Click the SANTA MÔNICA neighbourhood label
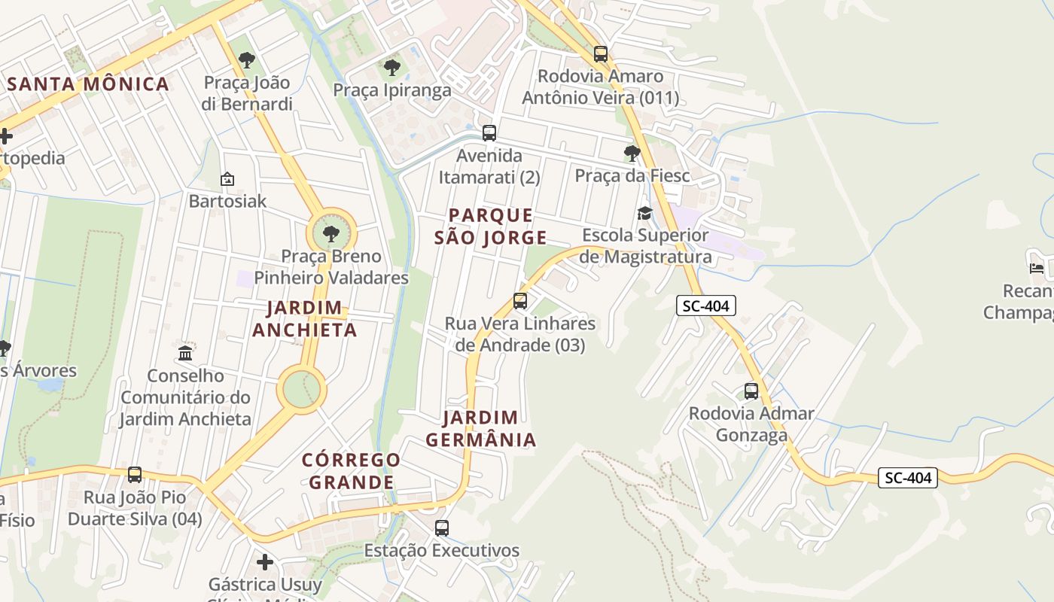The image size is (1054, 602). point(88,84)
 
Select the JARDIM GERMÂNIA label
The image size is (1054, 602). point(481,429)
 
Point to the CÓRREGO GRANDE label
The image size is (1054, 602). point(352,471)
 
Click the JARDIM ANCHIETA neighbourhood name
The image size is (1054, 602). point(305,319)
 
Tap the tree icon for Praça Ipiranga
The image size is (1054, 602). point(391,68)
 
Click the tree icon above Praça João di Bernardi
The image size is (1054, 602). point(246,60)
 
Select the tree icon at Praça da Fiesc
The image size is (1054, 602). point(632,154)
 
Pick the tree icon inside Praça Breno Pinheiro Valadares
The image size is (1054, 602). point(331,233)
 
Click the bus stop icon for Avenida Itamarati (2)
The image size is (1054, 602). point(489,133)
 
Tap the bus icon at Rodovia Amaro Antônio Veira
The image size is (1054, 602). point(600,54)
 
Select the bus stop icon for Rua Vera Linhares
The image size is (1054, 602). point(519,301)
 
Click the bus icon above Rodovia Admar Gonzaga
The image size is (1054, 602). point(751,391)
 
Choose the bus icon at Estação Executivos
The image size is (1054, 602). point(442,528)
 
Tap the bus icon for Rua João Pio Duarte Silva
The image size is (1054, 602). point(135,475)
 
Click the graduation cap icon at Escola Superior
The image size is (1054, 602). point(644,214)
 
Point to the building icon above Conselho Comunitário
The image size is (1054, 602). point(185,353)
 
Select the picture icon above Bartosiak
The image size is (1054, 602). point(227,179)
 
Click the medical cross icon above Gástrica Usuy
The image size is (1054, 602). point(264,562)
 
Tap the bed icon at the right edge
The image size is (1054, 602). point(1037,268)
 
